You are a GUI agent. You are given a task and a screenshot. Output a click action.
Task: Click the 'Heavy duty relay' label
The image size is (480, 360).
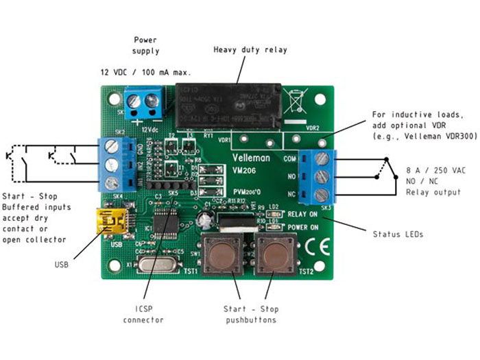coord(250,50)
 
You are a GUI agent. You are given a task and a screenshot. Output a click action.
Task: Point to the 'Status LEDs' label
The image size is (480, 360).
coord(398,235)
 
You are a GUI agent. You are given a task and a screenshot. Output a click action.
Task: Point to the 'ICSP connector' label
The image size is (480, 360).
coord(144,315)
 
